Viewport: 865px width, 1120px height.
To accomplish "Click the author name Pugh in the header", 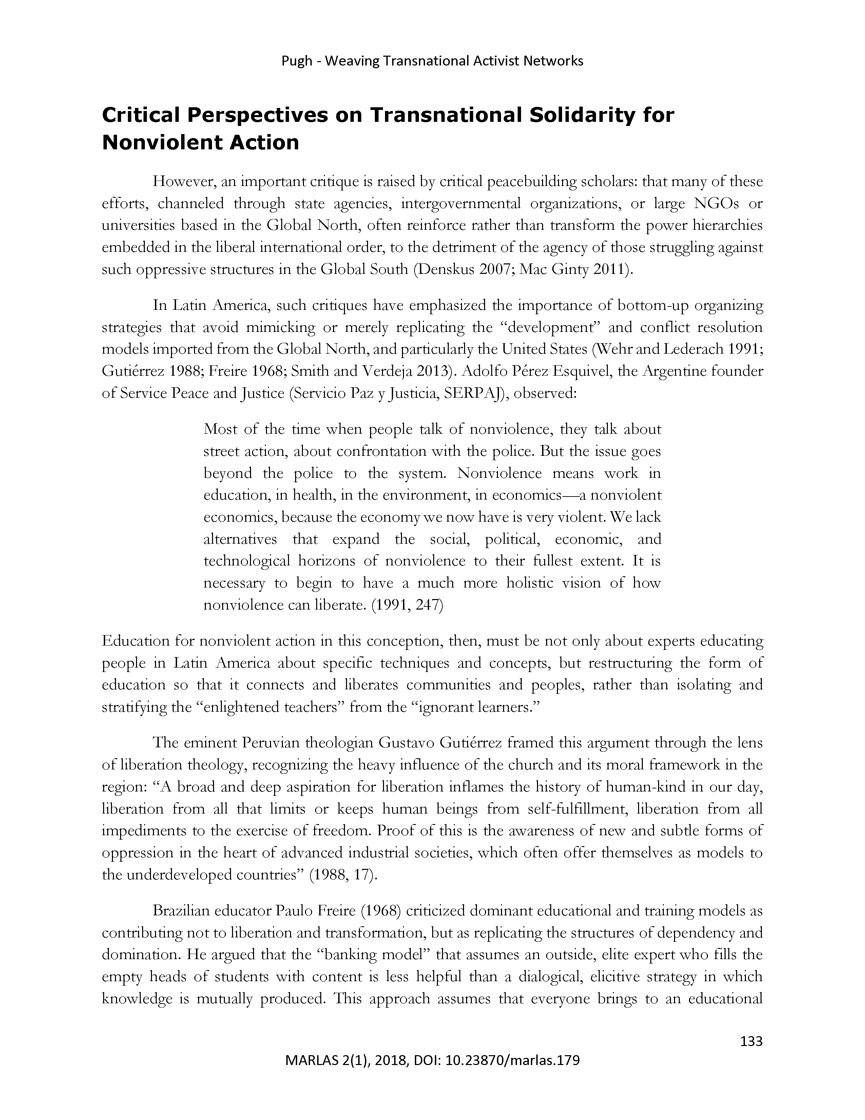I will coord(297,61).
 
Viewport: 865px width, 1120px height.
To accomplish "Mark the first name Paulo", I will coord(294,911).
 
